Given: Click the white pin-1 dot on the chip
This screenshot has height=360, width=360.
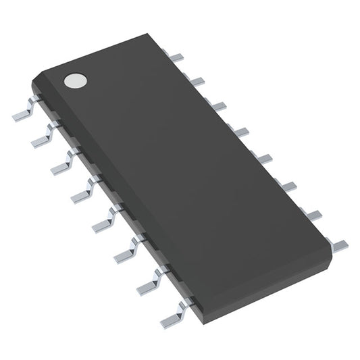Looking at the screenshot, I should (x=74, y=81).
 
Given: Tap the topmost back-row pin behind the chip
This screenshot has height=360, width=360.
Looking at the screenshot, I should (x=178, y=57).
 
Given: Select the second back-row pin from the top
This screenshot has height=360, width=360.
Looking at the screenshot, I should (x=197, y=81).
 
